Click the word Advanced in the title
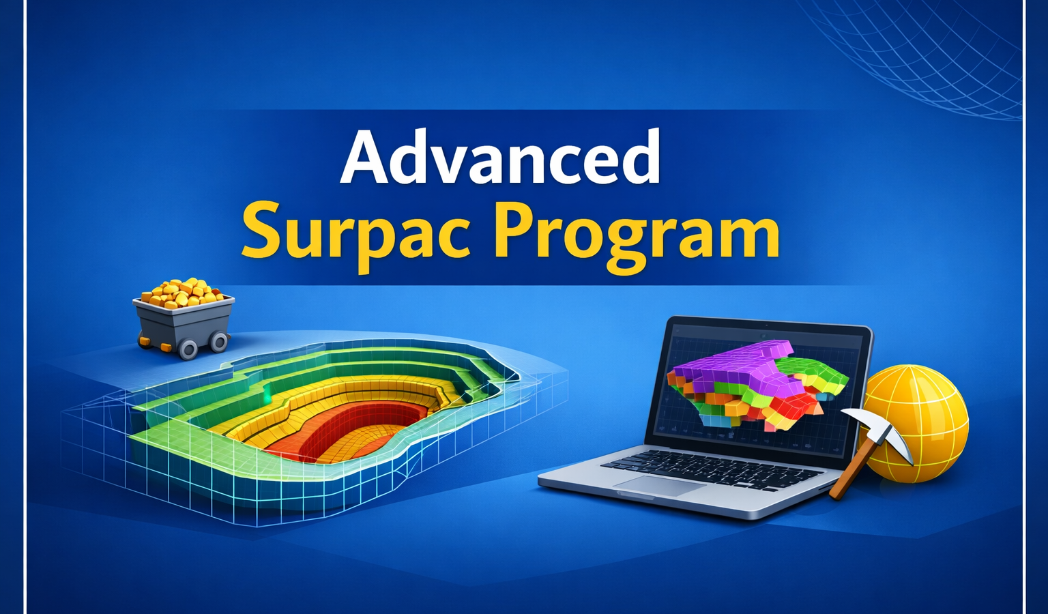(x=501, y=158)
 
